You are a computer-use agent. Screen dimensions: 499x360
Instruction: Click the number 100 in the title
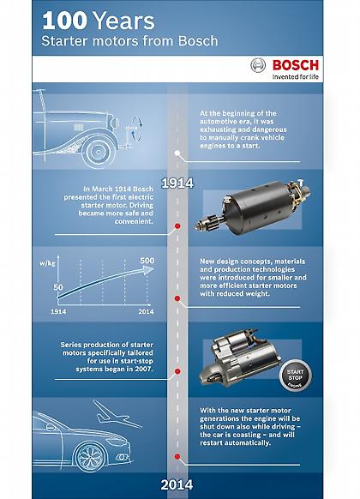coord(65,19)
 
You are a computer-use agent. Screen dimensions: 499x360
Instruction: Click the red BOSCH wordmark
coord(298,65)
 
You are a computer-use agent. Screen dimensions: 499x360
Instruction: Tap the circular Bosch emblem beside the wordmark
coord(258,66)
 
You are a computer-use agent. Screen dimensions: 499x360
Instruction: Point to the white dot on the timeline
coord(177,153)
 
